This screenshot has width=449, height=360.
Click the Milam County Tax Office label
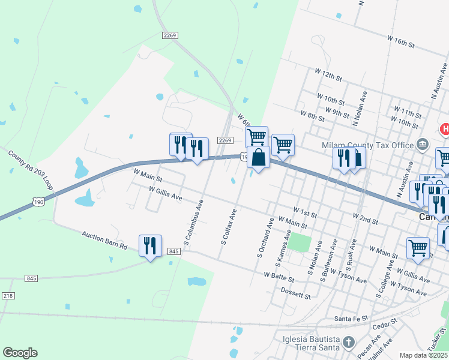pyautogui.click(x=368, y=145)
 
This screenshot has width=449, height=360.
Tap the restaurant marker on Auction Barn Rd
pyautogui.click(x=150, y=246)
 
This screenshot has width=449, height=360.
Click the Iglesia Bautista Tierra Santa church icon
pyautogui.click(x=349, y=343)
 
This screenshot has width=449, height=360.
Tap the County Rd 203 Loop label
pyautogui.click(x=31, y=170)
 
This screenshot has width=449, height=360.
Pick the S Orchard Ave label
pyautogui.click(x=265, y=237)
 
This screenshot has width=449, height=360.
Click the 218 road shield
pyautogui.click(x=7, y=296)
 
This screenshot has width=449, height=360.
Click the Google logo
pyautogui.click(x=20, y=353)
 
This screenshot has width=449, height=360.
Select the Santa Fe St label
pyautogui.click(x=351, y=319)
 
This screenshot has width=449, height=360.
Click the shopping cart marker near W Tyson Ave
pyautogui.click(x=418, y=247)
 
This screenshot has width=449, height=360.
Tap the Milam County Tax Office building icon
pyautogui.click(x=422, y=144)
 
